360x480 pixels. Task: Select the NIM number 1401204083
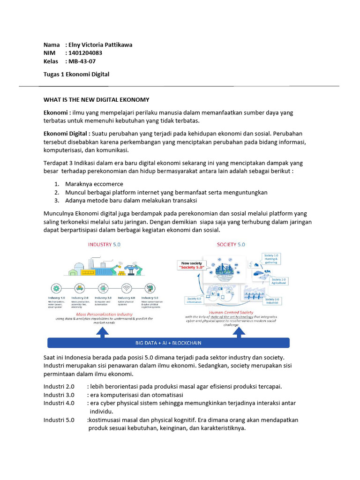(x=85, y=53)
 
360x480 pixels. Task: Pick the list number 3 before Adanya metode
(x=56, y=201)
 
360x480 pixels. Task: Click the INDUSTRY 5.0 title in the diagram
(x=105, y=245)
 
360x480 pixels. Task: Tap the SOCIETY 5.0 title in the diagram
(x=231, y=245)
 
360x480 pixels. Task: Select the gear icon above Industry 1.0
(x=56, y=288)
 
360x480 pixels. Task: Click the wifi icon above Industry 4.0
(x=126, y=288)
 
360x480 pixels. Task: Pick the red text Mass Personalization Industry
(x=104, y=314)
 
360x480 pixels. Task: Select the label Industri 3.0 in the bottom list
(x=59, y=395)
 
